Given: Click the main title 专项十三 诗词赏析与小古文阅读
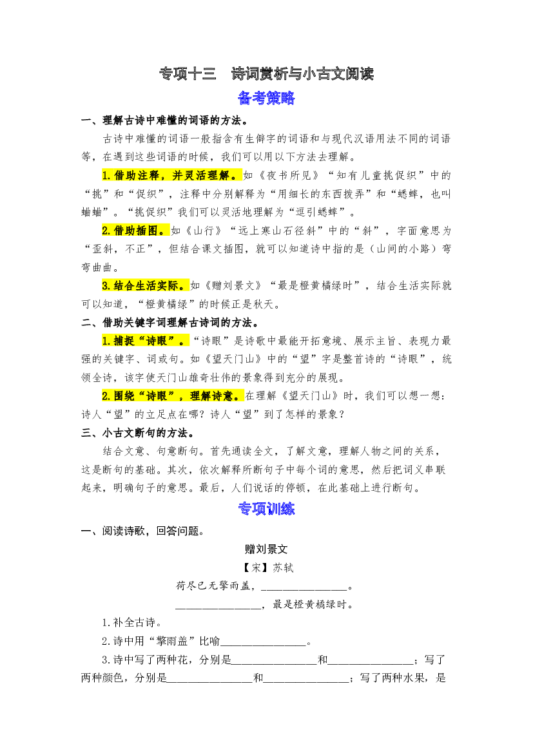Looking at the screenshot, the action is (x=266, y=74).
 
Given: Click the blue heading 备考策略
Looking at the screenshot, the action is (x=266, y=99).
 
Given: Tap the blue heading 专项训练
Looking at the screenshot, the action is (x=266, y=509).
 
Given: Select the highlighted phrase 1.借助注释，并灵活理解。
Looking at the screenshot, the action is (x=171, y=175).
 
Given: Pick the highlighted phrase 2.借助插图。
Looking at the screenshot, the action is (x=135, y=231).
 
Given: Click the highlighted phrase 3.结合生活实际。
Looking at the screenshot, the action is (x=145, y=286).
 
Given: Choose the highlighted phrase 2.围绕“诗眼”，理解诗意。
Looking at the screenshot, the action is (x=173, y=396).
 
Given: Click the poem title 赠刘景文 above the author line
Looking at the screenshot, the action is (x=266, y=549).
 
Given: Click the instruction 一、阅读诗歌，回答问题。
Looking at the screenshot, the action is (x=143, y=531).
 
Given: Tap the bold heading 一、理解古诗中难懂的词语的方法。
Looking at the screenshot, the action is (x=165, y=120).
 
